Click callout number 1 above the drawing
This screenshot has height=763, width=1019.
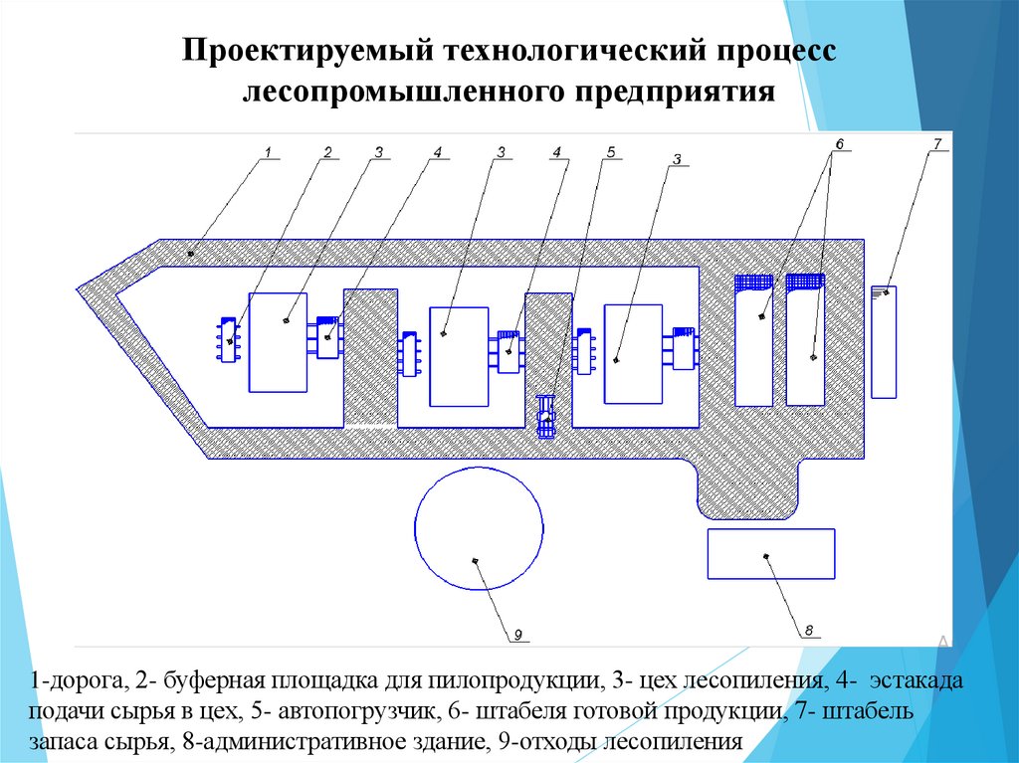tap(268, 151)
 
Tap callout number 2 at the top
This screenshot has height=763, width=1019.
tap(326, 151)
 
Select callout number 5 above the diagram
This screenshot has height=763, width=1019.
tap(611, 151)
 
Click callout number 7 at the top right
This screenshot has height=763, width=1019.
tap(937, 144)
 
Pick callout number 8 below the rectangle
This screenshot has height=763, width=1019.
tap(809, 630)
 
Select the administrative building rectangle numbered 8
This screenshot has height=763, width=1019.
tap(770, 553)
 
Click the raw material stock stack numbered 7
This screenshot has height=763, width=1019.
tap(884, 341)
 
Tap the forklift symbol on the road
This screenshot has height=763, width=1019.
tap(545, 416)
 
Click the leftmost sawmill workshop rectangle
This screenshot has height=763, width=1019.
tap(278, 341)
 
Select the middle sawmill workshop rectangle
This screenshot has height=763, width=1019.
tap(459, 356)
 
